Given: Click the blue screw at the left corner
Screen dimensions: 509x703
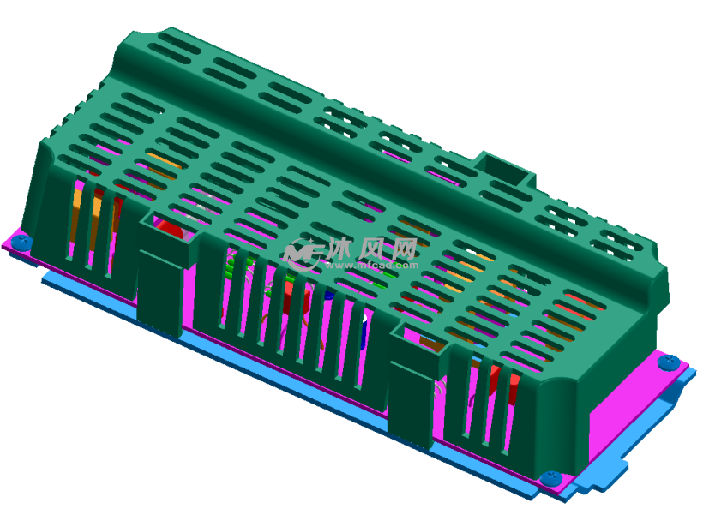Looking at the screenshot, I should (23, 243).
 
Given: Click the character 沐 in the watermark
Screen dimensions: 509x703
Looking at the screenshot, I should (339, 249).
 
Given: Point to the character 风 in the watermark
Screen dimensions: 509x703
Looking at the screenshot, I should (372, 249).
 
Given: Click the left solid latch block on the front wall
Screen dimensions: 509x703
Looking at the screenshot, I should (159, 287).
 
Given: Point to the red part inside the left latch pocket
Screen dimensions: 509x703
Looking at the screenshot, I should (171, 231).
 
